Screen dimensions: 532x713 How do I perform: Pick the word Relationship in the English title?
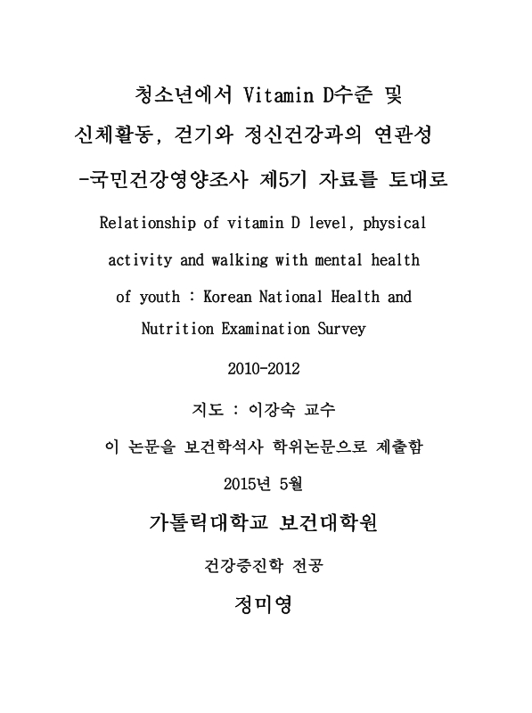click(x=150, y=223)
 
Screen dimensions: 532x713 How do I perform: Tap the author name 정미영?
click(x=265, y=605)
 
